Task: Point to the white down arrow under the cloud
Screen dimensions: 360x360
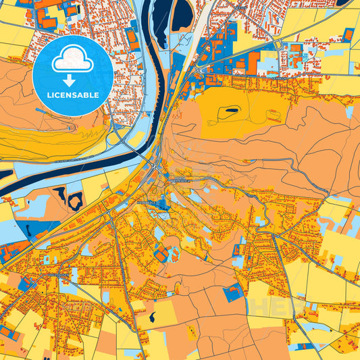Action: coord(70,80)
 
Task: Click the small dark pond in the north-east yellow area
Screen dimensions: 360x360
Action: coord(232,109)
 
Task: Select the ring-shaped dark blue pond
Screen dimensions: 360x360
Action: coord(75,200)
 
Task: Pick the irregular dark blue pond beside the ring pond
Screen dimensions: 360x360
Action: coord(59,195)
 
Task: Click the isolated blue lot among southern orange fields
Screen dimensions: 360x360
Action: coord(233,292)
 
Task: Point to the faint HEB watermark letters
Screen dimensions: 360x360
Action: coord(270,307)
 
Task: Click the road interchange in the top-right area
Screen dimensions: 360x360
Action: coord(278,45)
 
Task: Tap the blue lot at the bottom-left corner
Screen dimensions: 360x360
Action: coord(8,334)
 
